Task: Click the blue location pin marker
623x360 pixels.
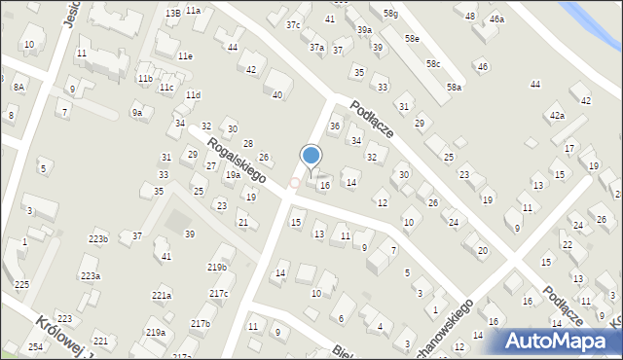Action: coord(311,157)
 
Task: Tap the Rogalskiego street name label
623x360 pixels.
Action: coord(237,161)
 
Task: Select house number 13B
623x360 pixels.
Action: coord(172,13)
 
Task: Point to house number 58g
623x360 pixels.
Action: coord(390,14)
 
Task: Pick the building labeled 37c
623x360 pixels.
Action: coord(293,25)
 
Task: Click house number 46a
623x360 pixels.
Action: coord(497,19)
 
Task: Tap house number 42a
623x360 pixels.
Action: coord(557,116)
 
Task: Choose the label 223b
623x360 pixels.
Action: coord(98,238)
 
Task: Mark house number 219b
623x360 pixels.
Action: coord(217,268)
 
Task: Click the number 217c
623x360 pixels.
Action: coord(219,294)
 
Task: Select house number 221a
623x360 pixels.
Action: coord(162,295)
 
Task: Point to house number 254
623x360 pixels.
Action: coord(35,347)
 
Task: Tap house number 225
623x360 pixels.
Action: coord(21,284)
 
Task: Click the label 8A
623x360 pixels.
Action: coord(18,87)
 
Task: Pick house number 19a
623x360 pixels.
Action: coord(233,175)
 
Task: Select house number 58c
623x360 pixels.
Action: coord(433,64)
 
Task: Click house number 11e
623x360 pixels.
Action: coord(185,56)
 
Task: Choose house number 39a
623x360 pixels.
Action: coord(364,30)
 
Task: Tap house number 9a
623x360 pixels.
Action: coord(137,113)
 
